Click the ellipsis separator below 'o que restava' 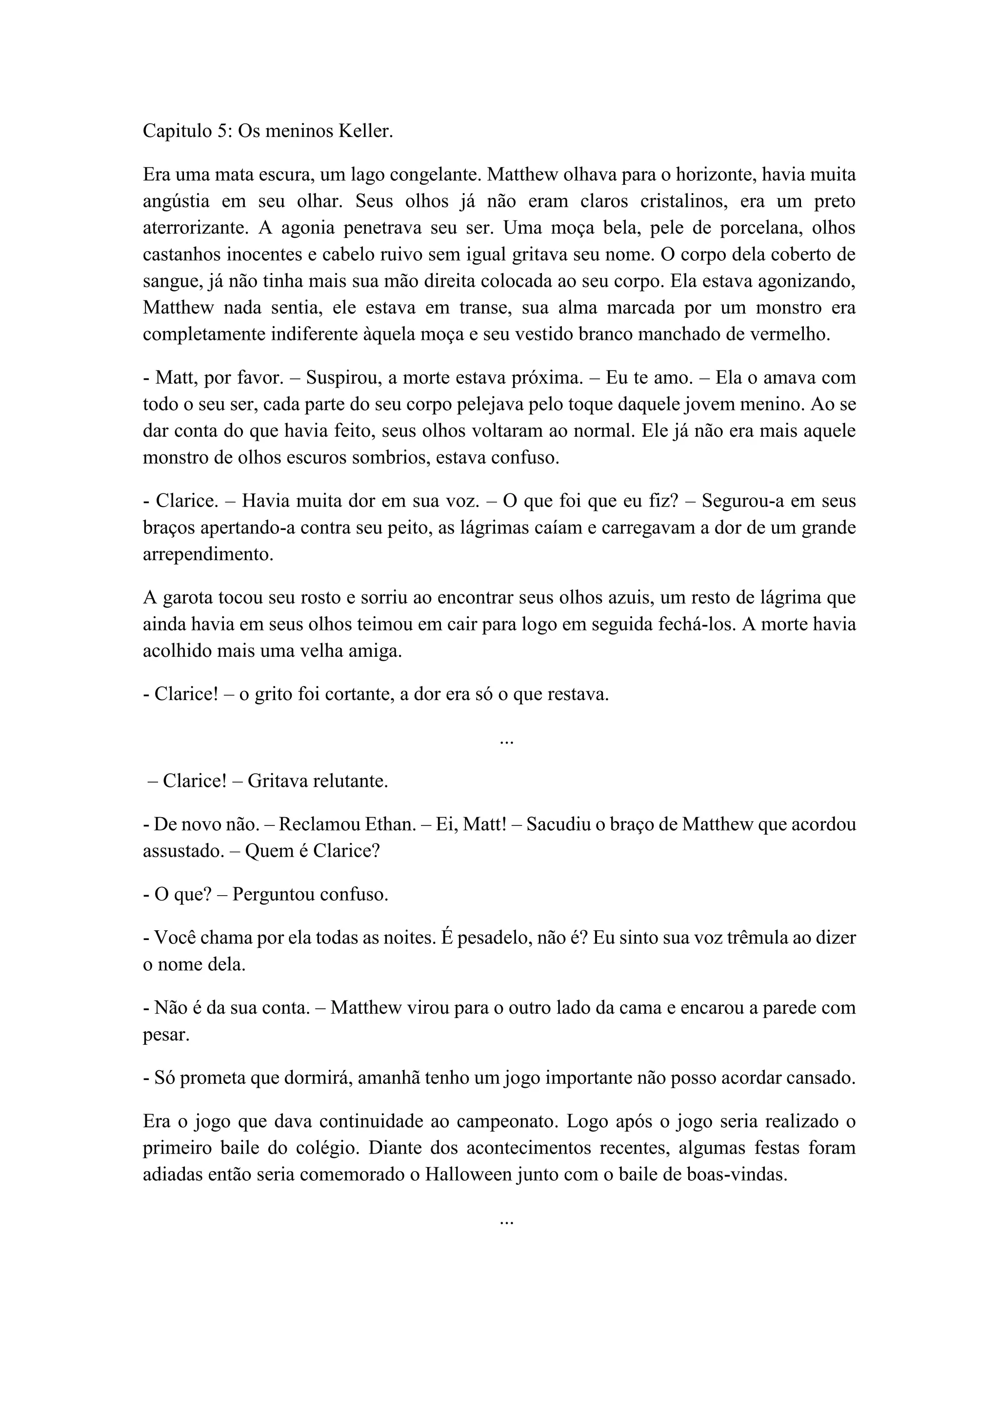click(x=506, y=742)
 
